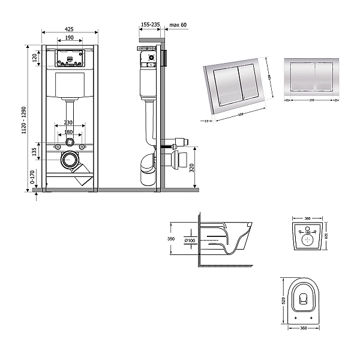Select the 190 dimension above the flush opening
click(x=69, y=38)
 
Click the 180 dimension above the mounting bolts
click(x=69, y=132)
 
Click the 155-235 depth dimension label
click(x=150, y=25)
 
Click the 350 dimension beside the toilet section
click(x=171, y=239)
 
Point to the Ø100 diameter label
click(x=190, y=241)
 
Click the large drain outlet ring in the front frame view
click(x=71, y=161)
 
